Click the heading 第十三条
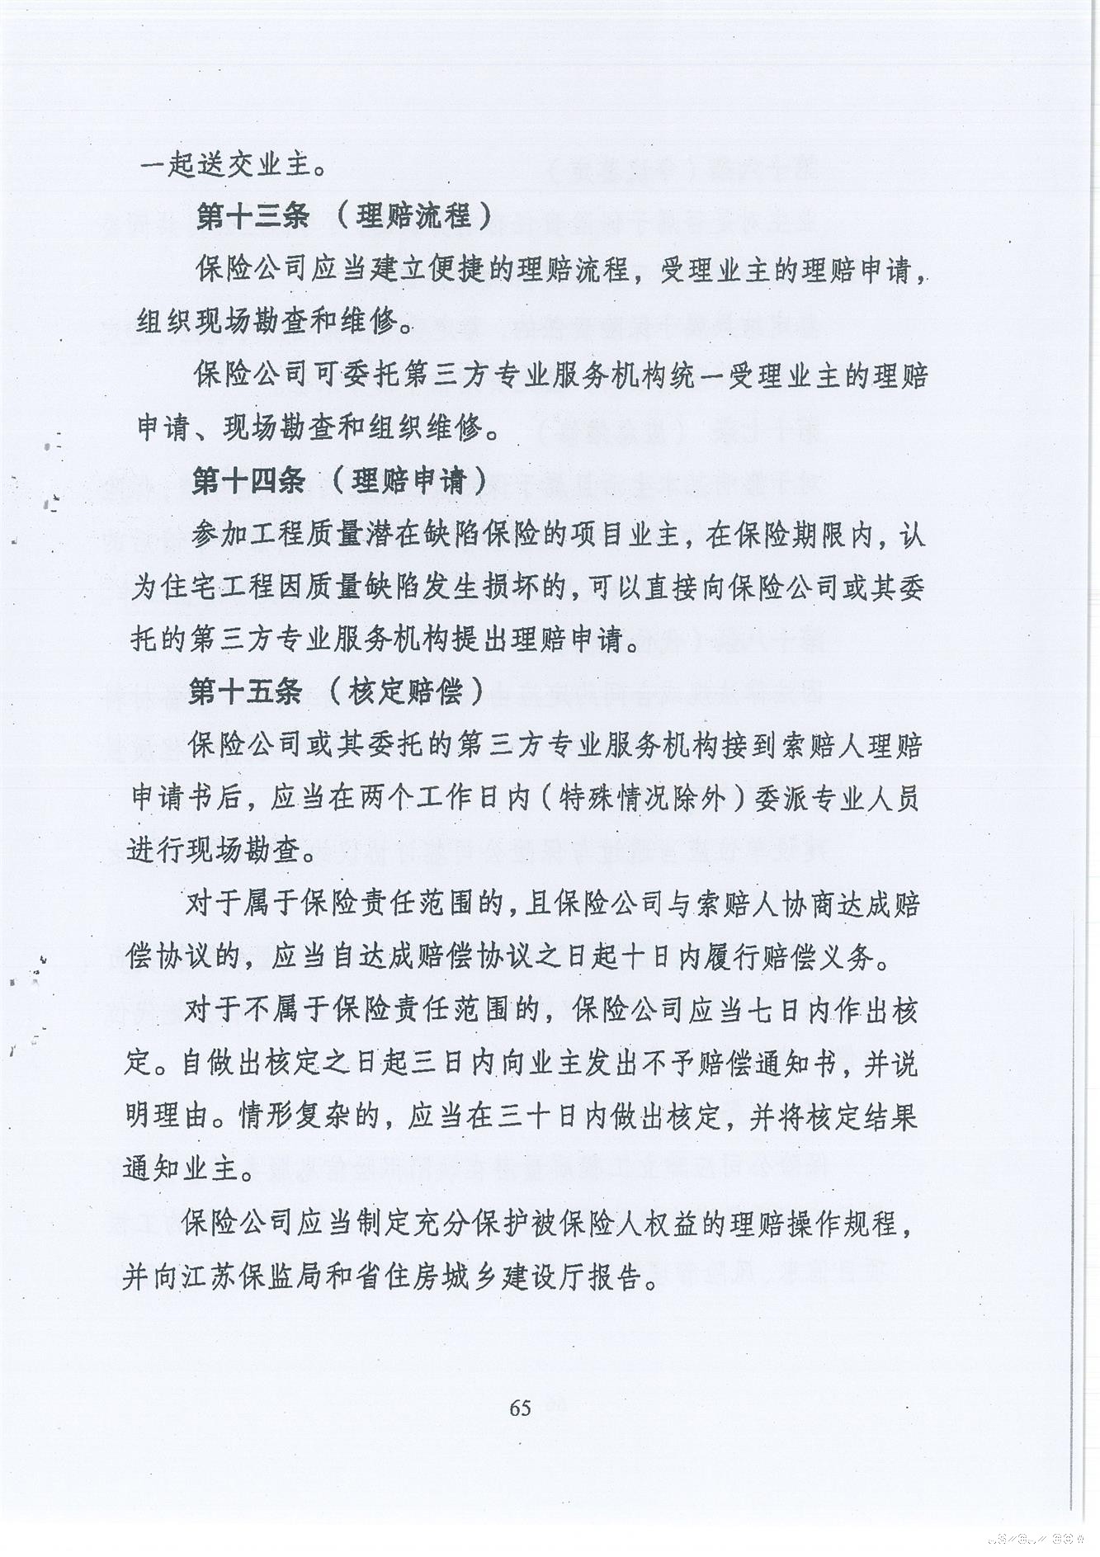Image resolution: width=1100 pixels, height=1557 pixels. pos(253,217)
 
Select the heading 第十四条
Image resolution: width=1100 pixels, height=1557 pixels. pos(249,481)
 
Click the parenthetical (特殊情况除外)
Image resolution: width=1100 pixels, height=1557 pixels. pos(641,798)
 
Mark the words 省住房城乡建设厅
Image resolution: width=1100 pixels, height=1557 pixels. pos(472,1276)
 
